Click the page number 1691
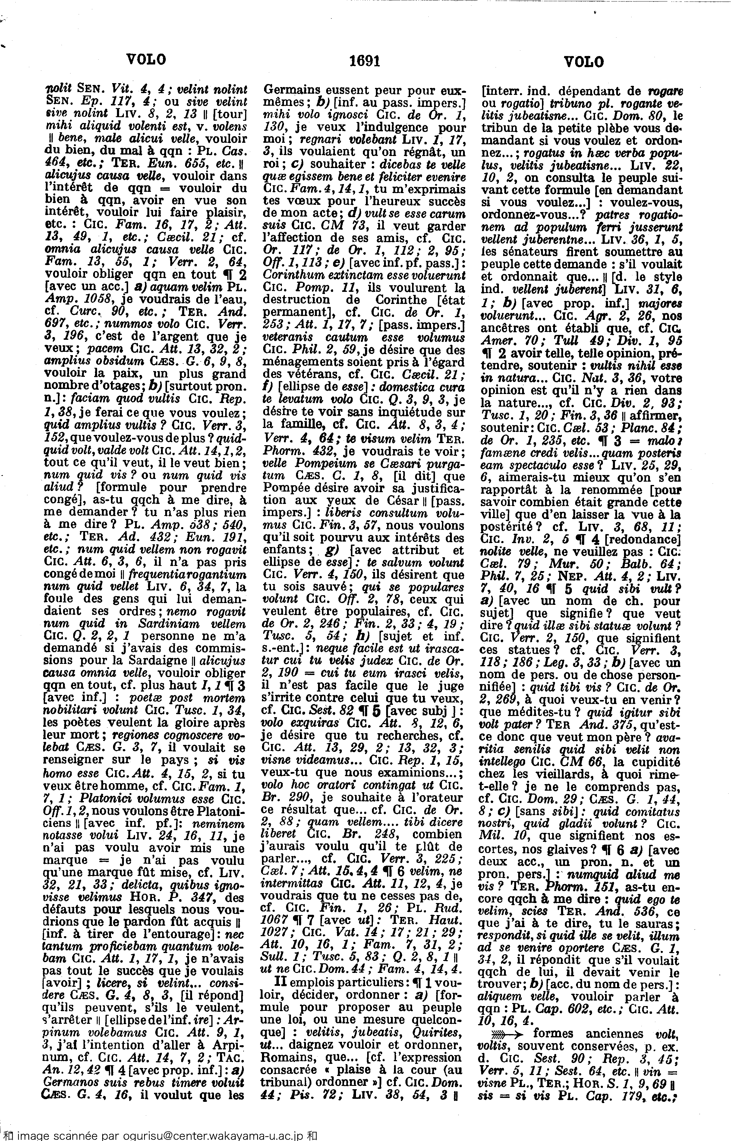click(364, 61)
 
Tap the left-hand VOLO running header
click(146, 60)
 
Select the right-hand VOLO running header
click(584, 62)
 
